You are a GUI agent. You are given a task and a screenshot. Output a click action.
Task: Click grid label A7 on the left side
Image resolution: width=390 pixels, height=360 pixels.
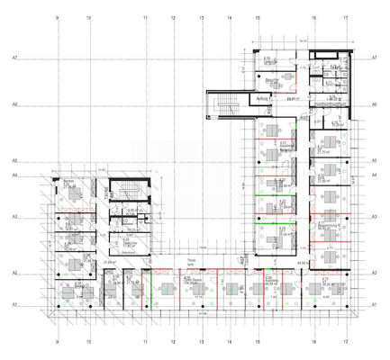click(x=15, y=57)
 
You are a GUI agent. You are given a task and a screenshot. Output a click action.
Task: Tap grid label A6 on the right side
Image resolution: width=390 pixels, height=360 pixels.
click(x=373, y=104)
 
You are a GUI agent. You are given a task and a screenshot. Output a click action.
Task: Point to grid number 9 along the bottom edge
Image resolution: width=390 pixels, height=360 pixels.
click(x=57, y=342)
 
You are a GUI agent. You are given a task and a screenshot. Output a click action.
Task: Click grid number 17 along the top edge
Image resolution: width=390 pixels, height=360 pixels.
click(x=346, y=17)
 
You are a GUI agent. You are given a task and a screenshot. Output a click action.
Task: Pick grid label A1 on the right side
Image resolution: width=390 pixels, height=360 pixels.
click(x=373, y=305)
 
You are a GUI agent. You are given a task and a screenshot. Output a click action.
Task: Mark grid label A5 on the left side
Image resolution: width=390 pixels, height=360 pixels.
click(x=15, y=161)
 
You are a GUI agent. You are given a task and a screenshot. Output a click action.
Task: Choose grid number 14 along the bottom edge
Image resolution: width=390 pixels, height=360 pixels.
click(x=230, y=342)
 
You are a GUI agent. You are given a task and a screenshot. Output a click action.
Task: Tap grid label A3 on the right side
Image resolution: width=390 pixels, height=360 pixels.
click(x=373, y=217)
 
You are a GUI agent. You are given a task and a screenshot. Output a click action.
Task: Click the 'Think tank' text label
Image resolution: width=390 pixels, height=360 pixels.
click(x=190, y=262)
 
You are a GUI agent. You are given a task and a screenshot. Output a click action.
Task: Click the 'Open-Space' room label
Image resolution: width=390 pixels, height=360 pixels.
click(x=192, y=281)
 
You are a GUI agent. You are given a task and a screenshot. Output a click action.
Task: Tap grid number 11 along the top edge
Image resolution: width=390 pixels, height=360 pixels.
click(x=144, y=17)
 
